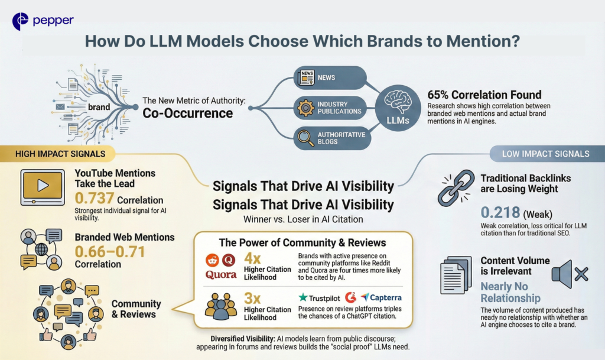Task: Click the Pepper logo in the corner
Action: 43,21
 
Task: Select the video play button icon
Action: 43,186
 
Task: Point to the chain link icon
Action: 453,189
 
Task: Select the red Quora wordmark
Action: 221,275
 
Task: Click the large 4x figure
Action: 253,259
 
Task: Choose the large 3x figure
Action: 253,299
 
